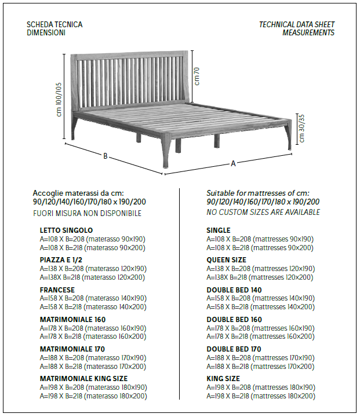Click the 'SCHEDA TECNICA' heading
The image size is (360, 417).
point(54,25)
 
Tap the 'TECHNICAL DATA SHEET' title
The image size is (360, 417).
point(297,25)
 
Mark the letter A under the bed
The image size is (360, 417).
point(234,163)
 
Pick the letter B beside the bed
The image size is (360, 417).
point(106,156)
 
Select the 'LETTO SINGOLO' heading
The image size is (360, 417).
point(66,231)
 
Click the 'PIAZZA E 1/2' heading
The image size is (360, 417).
point(61,260)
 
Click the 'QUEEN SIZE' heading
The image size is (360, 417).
point(226,260)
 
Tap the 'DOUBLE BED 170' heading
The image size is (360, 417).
point(234,349)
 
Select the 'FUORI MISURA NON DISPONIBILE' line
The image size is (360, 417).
point(87,213)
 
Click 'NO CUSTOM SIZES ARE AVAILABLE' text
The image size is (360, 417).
point(263,213)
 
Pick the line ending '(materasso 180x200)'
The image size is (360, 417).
point(93,396)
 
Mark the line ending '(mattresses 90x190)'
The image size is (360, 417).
point(260,239)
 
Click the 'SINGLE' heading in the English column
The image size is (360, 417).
point(219,231)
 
